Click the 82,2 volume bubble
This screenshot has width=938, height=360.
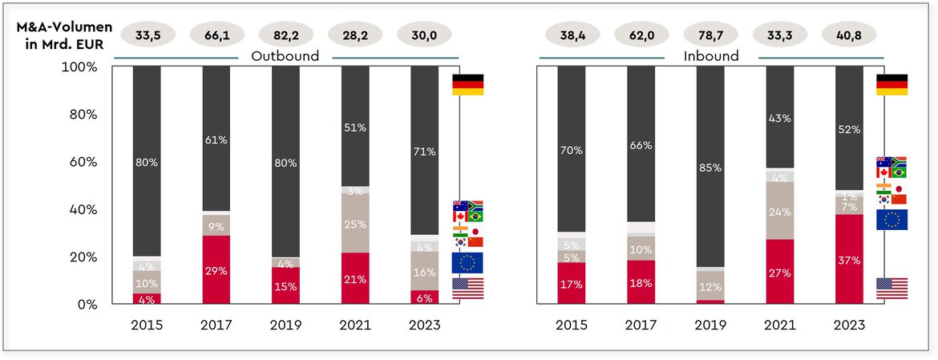pos(286,34)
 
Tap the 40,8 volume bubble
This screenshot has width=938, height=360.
pos(849,34)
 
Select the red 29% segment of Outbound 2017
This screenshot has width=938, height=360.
pos(216,270)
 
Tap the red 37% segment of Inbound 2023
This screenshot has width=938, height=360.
pos(849,259)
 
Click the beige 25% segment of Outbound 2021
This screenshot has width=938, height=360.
pos(354,224)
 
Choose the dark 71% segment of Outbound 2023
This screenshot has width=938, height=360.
pos(424,150)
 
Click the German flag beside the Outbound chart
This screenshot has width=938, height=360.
pos(467,84)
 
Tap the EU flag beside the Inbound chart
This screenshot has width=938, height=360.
pos(892,220)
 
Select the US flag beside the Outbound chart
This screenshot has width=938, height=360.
pos(467,289)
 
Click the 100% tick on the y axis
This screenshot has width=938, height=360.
pos(80,67)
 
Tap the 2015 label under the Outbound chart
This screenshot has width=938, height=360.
pos(147,326)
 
